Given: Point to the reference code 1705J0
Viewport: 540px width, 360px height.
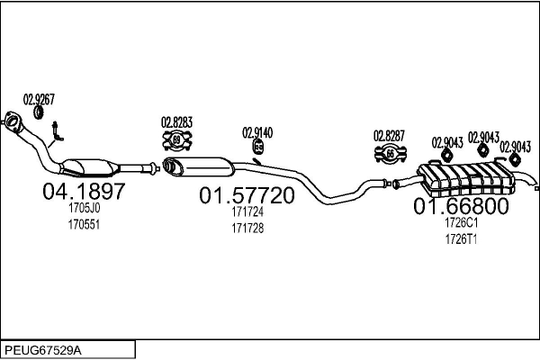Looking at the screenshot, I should pos(84,208).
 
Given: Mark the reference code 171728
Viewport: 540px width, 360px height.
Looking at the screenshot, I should pos(247,229).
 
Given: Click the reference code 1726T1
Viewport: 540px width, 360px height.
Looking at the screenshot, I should pos(461,238).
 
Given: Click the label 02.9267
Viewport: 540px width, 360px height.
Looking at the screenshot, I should pos(39,99).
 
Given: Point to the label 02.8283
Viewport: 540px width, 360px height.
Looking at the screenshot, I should pos(176,122).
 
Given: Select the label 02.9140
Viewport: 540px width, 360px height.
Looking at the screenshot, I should pos(257,132).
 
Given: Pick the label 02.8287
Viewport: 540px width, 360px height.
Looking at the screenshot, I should pos(390,136).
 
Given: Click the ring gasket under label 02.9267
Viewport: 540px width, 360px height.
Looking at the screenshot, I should pos(38,112).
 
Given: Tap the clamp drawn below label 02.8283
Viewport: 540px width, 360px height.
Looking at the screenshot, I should pos(177,140).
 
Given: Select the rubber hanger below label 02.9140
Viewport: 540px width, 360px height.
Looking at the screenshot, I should pos(258,148).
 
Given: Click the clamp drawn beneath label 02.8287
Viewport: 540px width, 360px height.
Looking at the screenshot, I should pos(391,154).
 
